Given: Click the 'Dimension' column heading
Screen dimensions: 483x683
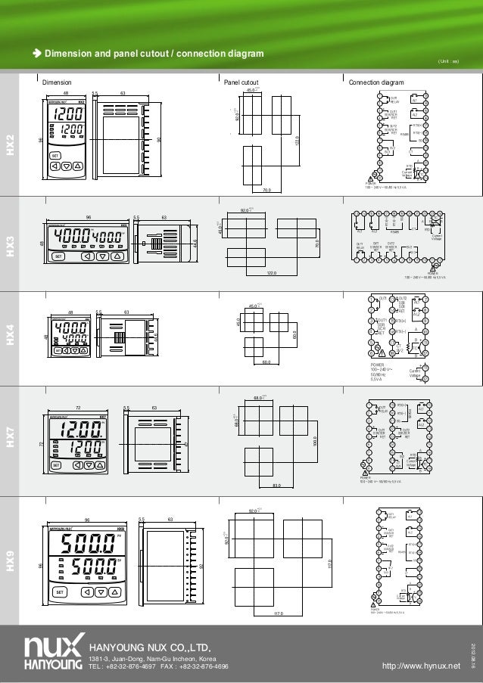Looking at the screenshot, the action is point(57,82).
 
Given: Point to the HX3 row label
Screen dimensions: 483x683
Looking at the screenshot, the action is point(11,244).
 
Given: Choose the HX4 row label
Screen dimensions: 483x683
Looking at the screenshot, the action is point(11,340).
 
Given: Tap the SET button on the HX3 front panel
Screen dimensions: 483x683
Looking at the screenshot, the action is point(60,256).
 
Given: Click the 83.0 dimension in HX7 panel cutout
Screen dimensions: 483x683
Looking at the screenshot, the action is point(278,485).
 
